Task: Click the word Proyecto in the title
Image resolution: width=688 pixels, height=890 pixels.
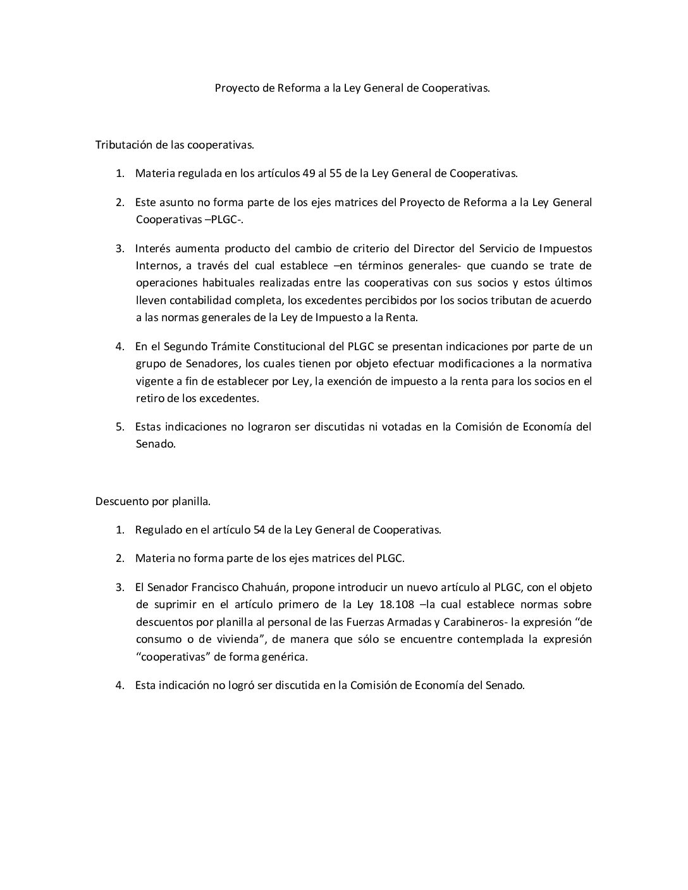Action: coord(235,88)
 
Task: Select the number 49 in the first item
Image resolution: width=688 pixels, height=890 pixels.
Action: coord(312,173)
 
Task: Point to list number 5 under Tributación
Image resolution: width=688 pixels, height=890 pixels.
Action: coord(119,427)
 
